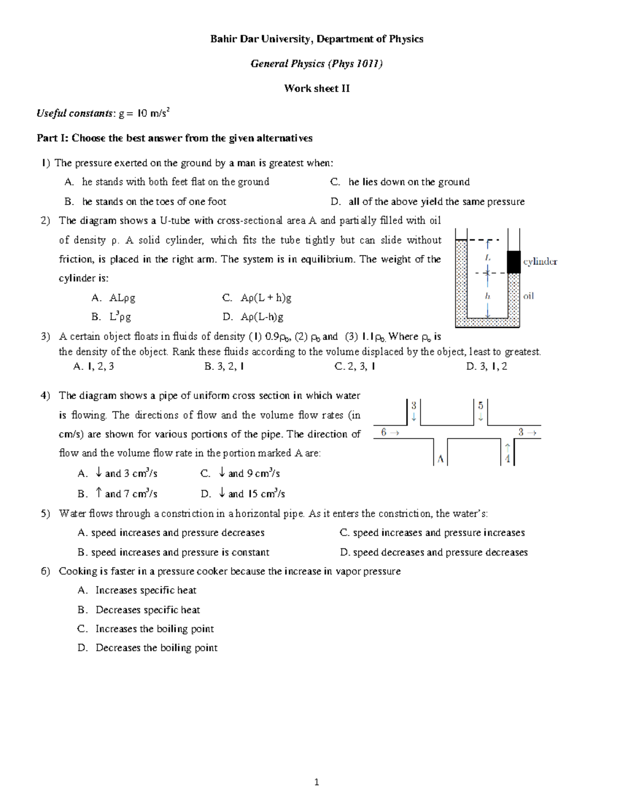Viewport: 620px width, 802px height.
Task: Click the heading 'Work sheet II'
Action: click(317, 88)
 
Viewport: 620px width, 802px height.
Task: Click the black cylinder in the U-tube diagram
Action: click(513, 262)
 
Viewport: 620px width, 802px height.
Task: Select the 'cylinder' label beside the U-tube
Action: click(540, 261)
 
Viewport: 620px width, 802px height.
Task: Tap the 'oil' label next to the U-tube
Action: click(529, 296)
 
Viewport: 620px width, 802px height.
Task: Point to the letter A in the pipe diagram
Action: click(440, 459)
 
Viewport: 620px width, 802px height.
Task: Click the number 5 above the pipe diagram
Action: click(481, 405)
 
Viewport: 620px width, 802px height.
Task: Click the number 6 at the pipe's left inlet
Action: click(383, 432)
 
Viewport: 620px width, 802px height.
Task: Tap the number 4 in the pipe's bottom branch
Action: click(507, 459)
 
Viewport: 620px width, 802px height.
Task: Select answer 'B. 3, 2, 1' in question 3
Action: click(224, 367)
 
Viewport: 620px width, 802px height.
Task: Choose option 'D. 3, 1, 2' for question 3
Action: click(486, 367)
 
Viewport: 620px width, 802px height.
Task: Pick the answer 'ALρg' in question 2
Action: click(122, 298)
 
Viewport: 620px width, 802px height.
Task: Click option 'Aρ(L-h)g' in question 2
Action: click(262, 317)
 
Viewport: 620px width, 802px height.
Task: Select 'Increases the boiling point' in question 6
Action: click(154, 629)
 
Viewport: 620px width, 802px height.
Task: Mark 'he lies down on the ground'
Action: click(409, 182)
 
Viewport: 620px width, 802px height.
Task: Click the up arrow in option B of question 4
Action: click(99, 493)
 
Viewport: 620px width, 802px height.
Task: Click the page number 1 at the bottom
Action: click(316, 782)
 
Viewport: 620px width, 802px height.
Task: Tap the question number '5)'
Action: click(45, 514)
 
